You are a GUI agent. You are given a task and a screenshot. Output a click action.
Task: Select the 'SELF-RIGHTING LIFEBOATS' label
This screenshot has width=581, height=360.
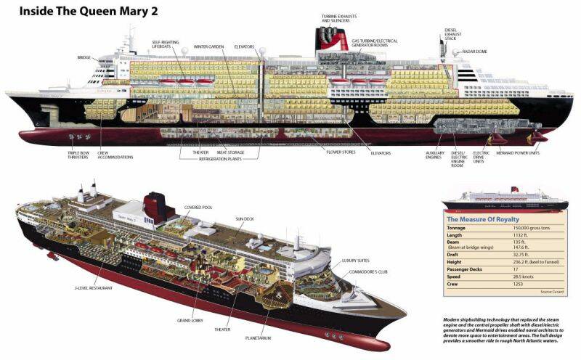(167, 46)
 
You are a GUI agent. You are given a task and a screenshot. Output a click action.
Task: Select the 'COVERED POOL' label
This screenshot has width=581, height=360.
(198, 206)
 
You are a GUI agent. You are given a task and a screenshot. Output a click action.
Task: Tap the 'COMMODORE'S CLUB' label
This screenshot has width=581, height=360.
(363, 272)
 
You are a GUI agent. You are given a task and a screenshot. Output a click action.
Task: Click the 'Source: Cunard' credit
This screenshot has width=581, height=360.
(551, 292)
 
